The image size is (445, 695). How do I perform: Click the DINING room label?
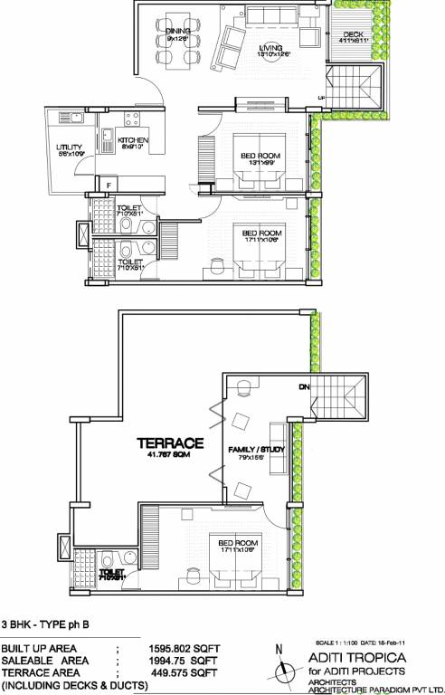tap(176, 31)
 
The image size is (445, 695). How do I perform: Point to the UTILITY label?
tap(70, 147)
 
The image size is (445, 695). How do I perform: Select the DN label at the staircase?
tap(304, 387)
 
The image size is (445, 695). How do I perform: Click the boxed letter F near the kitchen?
tap(109, 185)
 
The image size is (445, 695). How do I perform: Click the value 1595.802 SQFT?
tap(186, 649)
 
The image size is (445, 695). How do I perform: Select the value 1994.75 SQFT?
tap(186, 662)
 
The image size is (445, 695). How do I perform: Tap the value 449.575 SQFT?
tap(186, 674)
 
